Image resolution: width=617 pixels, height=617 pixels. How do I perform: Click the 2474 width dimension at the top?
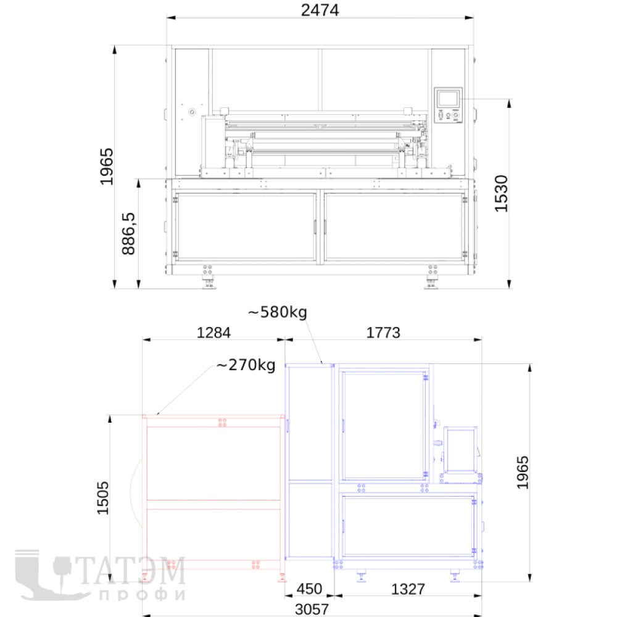click(320, 10)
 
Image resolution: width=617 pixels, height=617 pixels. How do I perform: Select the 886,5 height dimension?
click(129, 234)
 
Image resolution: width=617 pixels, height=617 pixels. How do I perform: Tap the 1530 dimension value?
click(501, 194)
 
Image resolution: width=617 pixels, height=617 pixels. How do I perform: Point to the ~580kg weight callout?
click(278, 312)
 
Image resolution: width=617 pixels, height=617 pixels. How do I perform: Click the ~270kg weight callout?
click(246, 365)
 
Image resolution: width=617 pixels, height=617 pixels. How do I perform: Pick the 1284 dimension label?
click(213, 333)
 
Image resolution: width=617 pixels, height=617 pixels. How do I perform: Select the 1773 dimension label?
click(383, 333)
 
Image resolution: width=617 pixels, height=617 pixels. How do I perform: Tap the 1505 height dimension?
click(102, 498)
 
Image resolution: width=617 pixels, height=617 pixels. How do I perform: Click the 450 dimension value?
click(309, 589)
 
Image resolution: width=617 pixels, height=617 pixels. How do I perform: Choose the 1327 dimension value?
click(408, 589)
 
